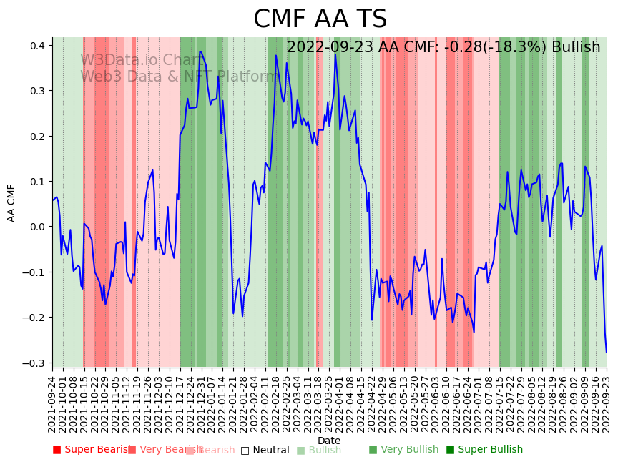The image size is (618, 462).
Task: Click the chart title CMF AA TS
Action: (320, 19)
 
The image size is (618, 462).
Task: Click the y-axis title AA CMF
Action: (11, 202)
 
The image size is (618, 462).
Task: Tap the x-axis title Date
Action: (329, 441)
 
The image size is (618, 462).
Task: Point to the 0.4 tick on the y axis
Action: (36, 46)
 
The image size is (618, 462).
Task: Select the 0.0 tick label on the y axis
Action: (36, 227)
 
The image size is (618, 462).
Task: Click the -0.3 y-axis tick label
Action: (34, 363)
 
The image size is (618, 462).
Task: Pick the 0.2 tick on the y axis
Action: (36, 136)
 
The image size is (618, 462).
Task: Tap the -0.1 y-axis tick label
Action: (34, 272)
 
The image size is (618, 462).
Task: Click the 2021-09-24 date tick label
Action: (52, 404)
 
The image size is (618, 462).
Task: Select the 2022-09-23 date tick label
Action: (607, 404)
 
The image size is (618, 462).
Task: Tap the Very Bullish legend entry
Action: (403, 450)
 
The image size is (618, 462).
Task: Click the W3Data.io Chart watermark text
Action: (140, 60)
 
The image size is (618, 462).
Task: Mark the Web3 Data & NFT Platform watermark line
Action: (179, 77)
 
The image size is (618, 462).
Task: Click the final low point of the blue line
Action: (607, 352)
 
